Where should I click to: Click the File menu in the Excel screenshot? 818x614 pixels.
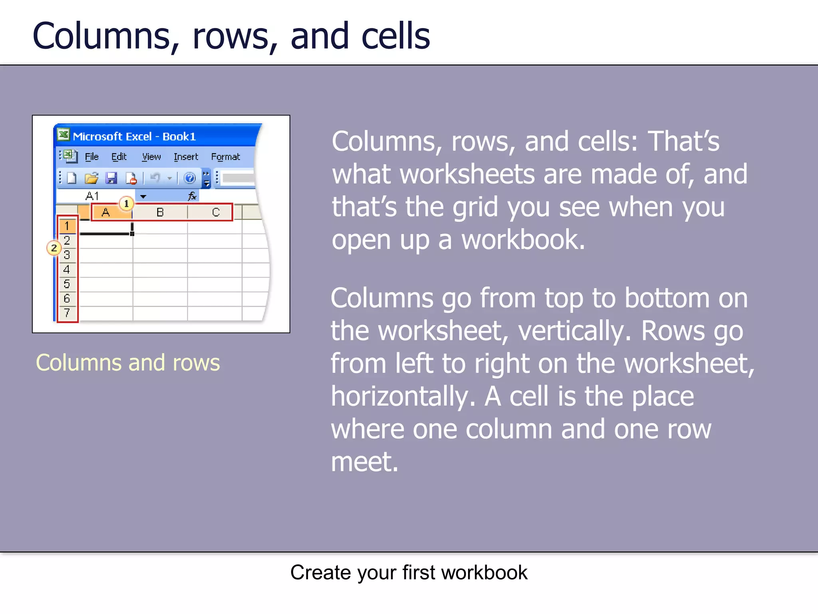tap(91, 157)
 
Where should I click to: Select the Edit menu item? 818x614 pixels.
tap(119, 157)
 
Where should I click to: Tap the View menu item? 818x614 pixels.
tap(151, 157)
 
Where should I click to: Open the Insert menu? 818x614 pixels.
tap(186, 157)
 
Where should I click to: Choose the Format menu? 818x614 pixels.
tap(225, 157)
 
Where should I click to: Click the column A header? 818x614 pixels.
tap(105, 212)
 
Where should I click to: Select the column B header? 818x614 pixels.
tap(160, 212)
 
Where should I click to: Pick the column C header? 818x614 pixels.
tap(216, 212)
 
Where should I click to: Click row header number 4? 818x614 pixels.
tap(67, 269)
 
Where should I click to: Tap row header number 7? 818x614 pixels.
tap(67, 313)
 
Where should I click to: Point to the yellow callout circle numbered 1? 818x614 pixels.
tap(126, 203)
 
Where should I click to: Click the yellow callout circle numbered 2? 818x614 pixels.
tap(54, 248)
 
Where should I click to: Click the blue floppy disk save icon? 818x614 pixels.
tap(111, 178)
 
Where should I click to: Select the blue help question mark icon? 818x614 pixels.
tap(189, 178)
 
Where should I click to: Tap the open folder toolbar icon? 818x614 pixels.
tap(91, 178)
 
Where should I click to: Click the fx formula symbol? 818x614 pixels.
tap(192, 196)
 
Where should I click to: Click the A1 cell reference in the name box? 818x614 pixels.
tap(92, 196)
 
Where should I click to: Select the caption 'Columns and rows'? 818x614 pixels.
tap(128, 363)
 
